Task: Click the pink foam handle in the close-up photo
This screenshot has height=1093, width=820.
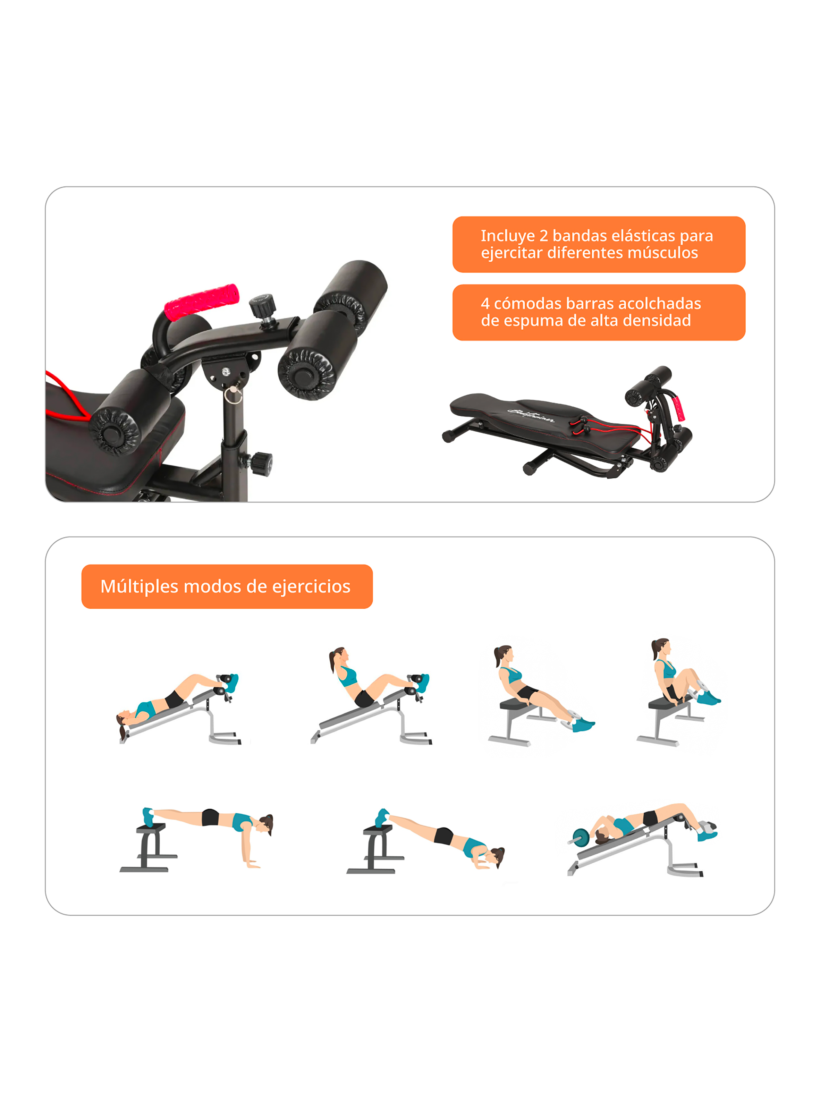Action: click(202, 302)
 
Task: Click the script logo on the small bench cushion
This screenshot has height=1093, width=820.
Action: click(531, 415)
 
